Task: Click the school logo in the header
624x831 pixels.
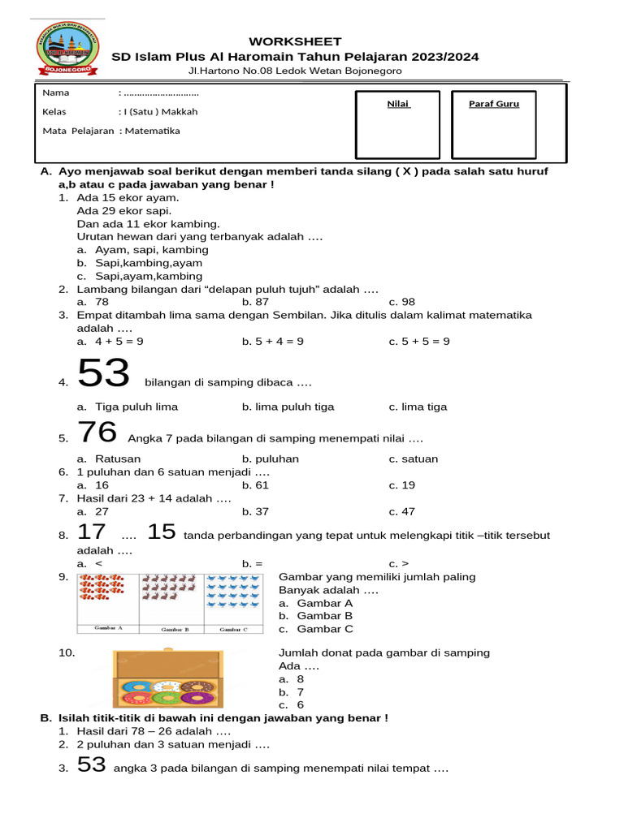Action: tap(68, 50)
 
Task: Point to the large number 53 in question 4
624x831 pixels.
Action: tap(103, 374)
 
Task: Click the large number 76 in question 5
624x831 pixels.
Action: tap(97, 433)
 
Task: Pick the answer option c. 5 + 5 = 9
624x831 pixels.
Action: tap(419, 342)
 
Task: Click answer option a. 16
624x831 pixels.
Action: tap(93, 485)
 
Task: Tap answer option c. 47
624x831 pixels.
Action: tap(402, 512)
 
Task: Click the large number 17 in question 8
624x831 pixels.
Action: tap(92, 532)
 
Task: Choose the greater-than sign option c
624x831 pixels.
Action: tap(398, 563)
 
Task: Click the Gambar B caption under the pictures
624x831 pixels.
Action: tap(171, 629)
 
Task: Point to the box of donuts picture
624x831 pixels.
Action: tap(167, 678)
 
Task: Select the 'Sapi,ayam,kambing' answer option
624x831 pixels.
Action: tap(141, 276)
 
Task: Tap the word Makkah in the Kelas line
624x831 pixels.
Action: tap(182, 112)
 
